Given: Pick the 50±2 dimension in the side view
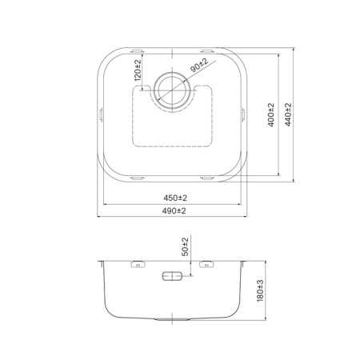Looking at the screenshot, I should click(186, 247).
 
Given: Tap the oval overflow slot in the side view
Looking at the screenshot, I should click(172, 276).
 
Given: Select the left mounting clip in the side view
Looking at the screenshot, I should click(136, 262).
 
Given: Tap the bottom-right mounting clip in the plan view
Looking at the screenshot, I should click(207, 177).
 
